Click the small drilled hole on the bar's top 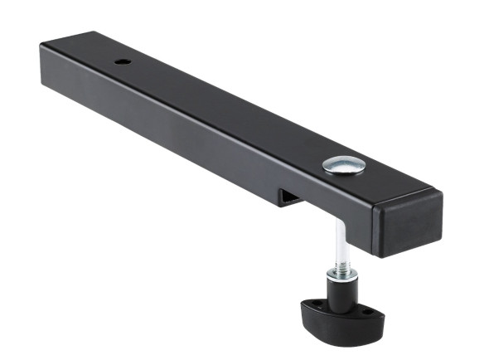tap(122, 62)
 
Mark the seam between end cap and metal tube tap(375, 217)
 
